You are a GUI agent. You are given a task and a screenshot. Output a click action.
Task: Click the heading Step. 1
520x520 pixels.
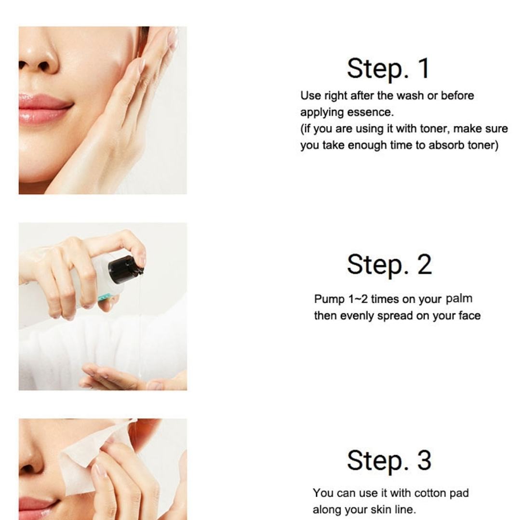coord(388,68)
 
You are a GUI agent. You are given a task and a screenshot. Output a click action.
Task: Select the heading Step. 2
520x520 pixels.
coord(389,264)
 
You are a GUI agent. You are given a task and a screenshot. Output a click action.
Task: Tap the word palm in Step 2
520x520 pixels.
coord(459,298)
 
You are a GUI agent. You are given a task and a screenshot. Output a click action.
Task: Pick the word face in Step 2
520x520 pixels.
coord(469,315)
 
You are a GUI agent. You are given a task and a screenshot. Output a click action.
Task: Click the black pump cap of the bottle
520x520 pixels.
coord(126,269)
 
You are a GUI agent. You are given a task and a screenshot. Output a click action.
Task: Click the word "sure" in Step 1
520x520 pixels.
coord(496,129)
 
